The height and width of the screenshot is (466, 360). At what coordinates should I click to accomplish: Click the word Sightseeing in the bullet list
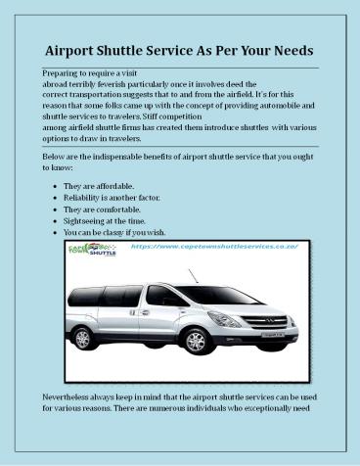tap(87, 222)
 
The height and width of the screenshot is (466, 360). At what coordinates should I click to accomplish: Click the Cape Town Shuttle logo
tap(93, 253)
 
